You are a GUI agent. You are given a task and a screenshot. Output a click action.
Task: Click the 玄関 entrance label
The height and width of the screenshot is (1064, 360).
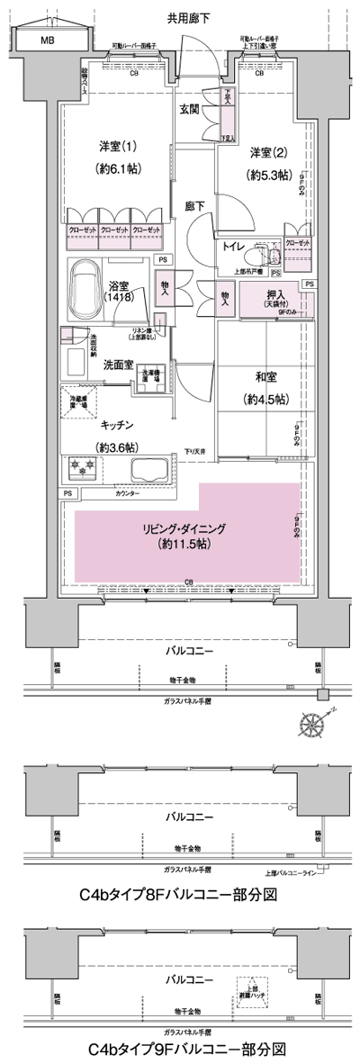pyautogui.click(x=189, y=110)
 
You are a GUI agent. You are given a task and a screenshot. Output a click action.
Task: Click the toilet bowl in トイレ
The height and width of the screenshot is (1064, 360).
pyautogui.click(x=261, y=246)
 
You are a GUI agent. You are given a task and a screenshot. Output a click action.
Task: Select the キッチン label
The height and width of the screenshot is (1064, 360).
pyautogui.click(x=117, y=425)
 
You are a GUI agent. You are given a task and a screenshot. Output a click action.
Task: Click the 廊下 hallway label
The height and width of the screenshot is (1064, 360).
pyautogui.click(x=194, y=206)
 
